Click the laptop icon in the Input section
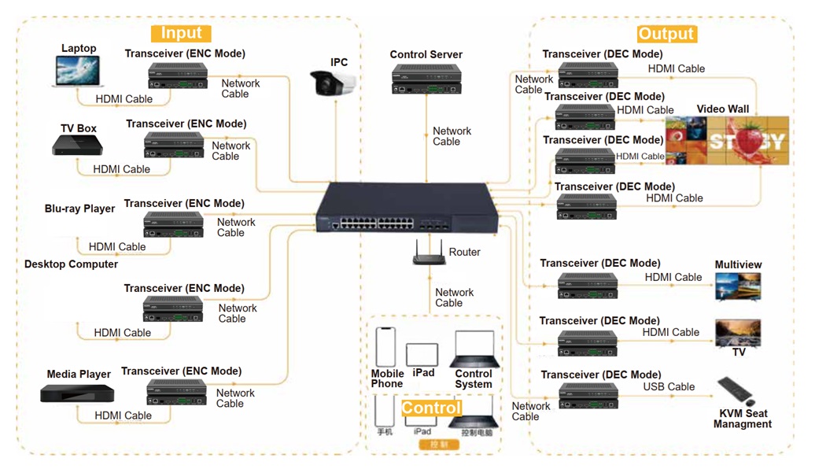click(x=79, y=71)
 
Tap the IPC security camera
click(x=333, y=83)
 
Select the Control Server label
click(x=426, y=55)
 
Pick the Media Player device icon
click(x=77, y=394)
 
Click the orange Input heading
click(x=181, y=33)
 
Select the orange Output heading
click(x=666, y=34)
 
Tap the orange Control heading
click(x=431, y=408)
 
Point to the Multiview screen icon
click(x=738, y=286)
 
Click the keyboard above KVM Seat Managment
click(x=736, y=390)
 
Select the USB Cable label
click(x=669, y=387)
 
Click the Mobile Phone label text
click(x=387, y=379)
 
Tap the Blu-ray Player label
click(x=79, y=209)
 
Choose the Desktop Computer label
click(x=71, y=264)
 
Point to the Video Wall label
click(x=722, y=109)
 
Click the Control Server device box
click(x=426, y=78)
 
